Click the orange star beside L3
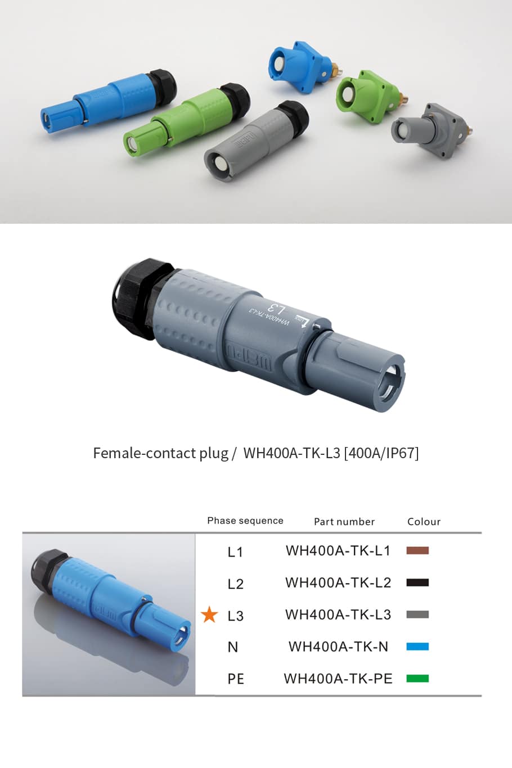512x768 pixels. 209,615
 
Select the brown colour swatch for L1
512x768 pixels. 417,550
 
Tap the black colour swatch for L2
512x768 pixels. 417,582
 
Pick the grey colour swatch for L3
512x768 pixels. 417,615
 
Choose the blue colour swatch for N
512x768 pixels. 417,647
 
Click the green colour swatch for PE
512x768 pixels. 417,679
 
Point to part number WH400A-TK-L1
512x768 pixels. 338,550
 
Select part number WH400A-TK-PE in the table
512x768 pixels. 338,679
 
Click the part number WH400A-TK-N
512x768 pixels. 338,647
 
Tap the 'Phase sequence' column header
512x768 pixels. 245,521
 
